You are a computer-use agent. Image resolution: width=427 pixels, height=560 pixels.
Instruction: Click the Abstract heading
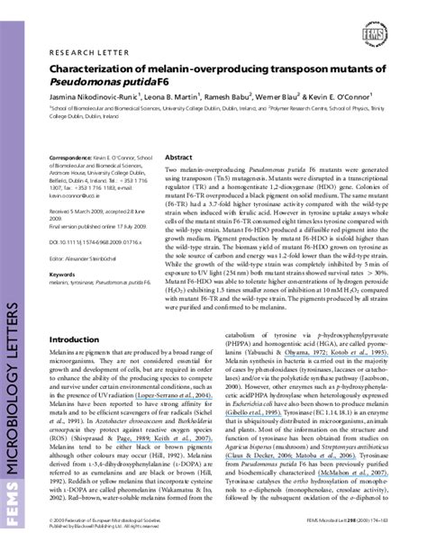178,155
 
